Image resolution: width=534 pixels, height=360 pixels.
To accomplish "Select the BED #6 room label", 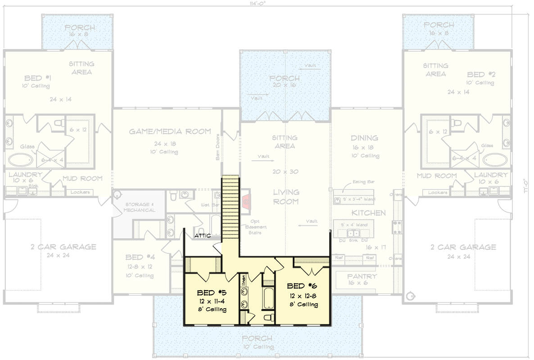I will coord(303,286).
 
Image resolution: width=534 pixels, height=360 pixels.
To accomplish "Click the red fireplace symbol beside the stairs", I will coord(246,201).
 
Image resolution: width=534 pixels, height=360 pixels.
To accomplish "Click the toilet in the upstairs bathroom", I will coord(269,318).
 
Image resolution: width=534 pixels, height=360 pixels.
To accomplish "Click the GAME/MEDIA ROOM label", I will coord(170,131).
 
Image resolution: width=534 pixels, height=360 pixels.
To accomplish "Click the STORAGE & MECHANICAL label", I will coord(140,207).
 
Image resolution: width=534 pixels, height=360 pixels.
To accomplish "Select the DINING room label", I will coord(364,138).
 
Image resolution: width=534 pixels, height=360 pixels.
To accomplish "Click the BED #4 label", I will coord(140,257).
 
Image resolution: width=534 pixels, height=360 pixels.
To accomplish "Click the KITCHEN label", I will coord(369,212).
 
